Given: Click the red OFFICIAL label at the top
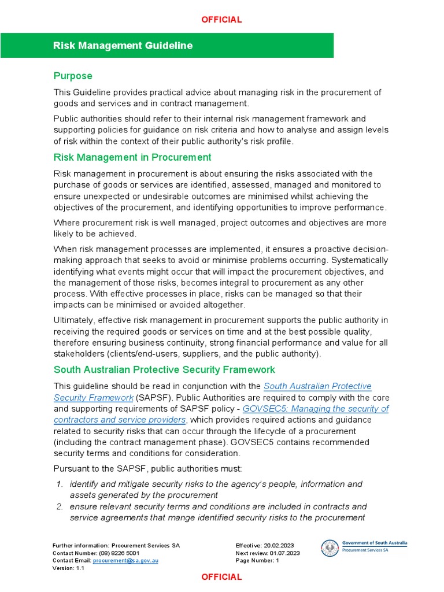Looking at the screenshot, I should tap(221, 20).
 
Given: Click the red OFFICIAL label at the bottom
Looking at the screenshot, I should tap(221, 577).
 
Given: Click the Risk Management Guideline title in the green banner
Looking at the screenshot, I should tap(123, 46).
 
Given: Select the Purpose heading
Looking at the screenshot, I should tap(73, 76).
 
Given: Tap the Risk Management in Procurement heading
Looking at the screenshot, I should tap(132, 157).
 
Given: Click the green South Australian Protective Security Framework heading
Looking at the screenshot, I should tap(164, 369).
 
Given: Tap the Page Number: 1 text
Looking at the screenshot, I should tap(257, 560).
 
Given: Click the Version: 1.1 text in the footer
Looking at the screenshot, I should tap(68, 568).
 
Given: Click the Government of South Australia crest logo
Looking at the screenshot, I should tap(330, 548).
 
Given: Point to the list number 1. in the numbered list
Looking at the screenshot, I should tap(59, 484).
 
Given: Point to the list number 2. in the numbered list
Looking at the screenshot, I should tap(59, 506).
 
